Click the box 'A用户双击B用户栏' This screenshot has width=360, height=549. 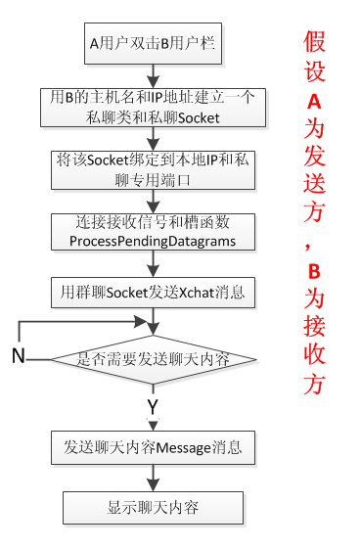pyautogui.click(x=151, y=42)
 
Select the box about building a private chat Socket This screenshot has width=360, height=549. pyautogui.click(x=153, y=107)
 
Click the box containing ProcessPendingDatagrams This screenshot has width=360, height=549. pyautogui.click(x=153, y=231)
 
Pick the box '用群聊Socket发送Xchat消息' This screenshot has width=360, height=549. pyautogui.click(x=153, y=291)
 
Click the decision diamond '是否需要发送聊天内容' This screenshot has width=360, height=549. pyautogui.click(x=154, y=359)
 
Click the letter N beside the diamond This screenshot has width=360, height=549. pyautogui.click(x=18, y=356)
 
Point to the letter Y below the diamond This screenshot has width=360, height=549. pyautogui.click(x=153, y=404)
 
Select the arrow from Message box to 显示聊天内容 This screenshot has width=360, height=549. pyautogui.click(x=153, y=478)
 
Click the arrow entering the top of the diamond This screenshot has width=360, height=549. pyautogui.click(x=153, y=322)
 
